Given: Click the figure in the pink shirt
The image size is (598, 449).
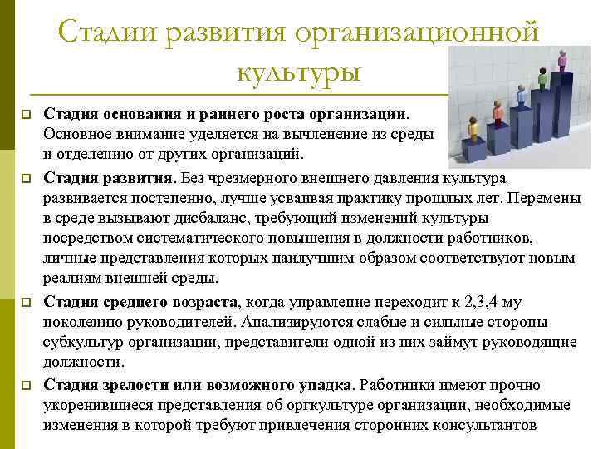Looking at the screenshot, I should [x=562, y=61].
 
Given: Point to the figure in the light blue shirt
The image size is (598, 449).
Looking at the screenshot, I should [x=522, y=95].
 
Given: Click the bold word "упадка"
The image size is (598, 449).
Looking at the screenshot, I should [x=326, y=385].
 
